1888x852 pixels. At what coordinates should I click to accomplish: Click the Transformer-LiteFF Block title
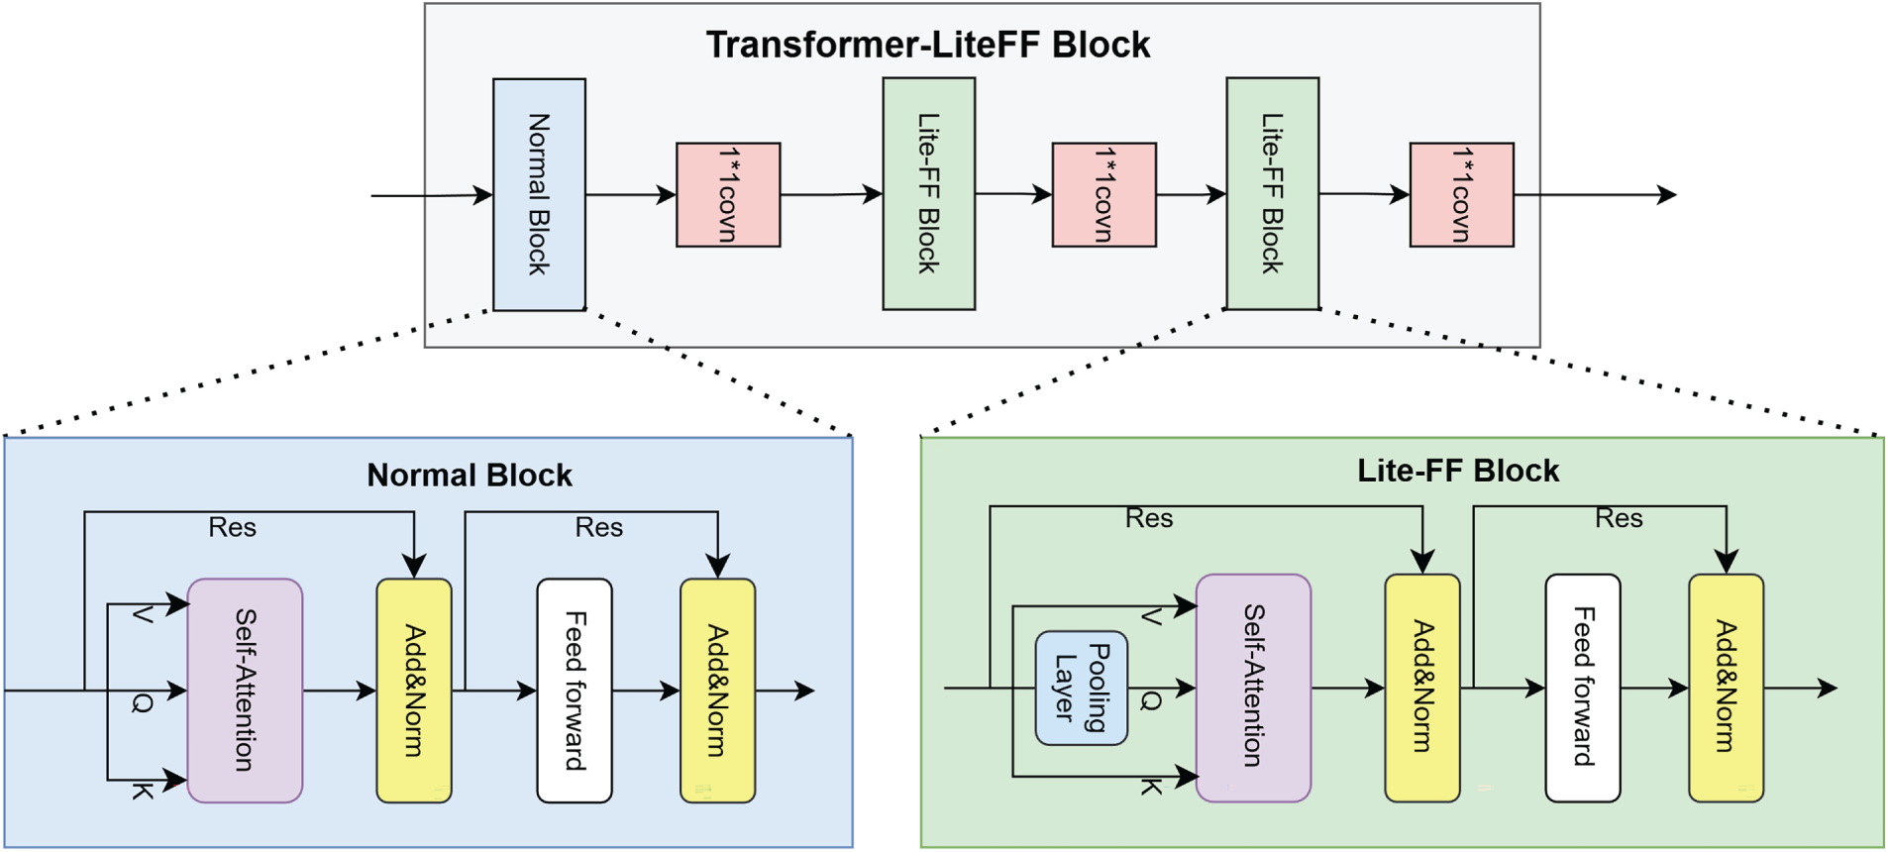point(927,45)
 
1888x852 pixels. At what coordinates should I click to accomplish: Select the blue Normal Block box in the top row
point(539,194)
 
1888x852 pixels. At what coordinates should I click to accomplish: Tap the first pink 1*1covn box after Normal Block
point(728,194)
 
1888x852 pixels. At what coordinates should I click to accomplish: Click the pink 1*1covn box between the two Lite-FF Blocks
point(1103,194)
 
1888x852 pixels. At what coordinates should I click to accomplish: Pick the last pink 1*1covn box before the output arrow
point(1461,194)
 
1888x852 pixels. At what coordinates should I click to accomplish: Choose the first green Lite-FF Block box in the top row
point(928,194)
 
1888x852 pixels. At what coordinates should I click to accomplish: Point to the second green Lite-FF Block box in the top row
point(1272,194)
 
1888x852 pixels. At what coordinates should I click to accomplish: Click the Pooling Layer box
point(1081,688)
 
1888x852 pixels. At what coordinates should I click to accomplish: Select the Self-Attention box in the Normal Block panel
point(245,691)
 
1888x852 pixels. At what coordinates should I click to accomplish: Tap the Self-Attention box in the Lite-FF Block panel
point(1253,687)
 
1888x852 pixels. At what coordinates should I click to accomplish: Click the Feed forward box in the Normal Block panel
point(575,691)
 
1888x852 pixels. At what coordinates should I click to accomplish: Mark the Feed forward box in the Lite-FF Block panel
point(1583,687)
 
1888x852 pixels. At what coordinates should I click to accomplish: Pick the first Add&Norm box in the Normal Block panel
point(414,691)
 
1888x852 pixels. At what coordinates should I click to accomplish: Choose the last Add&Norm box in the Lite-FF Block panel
point(1726,687)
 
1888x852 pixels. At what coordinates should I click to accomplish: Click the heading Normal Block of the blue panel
point(470,476)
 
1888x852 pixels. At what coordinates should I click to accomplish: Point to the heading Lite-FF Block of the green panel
point(1457,471)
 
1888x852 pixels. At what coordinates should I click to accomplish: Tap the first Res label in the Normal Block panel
point(232,527)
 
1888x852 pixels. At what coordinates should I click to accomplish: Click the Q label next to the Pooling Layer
point(1150,701)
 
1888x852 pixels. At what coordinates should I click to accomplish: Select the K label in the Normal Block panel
point(143,791)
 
